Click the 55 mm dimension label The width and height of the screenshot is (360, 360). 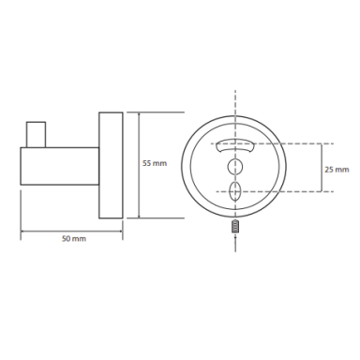point(155,163)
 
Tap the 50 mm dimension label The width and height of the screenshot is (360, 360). point(74,239)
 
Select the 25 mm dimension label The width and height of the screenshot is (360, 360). point(337,170)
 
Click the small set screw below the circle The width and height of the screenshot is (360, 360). point(235,226)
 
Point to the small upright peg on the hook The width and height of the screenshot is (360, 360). point(36,134)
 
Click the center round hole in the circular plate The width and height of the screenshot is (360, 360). point(235,166)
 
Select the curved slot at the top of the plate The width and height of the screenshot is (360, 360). point(235,145)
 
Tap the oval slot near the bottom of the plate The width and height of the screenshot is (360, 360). point(235,191)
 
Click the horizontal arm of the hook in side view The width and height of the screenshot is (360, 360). point(60,166)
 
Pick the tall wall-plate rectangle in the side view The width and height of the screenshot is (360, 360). point(111,165)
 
